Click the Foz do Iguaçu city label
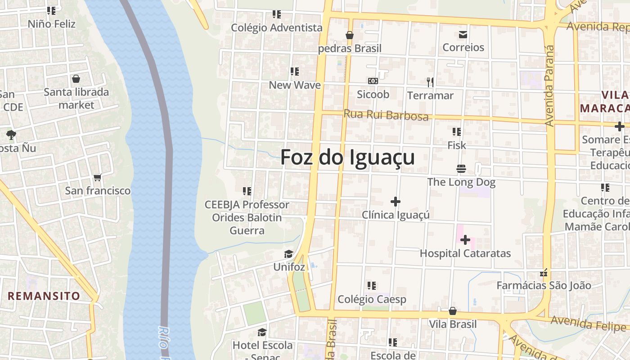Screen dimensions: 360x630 point(347,158)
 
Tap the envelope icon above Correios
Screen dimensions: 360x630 point(463,34)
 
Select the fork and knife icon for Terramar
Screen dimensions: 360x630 point(430,82)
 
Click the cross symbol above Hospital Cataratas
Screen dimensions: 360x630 point(465,240)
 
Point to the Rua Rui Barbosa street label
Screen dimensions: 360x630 point(386,115)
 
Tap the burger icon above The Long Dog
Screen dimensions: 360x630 point(461,169)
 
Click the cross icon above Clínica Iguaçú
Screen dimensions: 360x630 point(396,202)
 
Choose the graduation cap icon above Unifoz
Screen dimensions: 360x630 point(288,254)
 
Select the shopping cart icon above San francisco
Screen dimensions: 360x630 point(97,178)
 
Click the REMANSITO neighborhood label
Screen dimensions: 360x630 point(44,296)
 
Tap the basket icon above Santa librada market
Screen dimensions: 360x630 point(76,79)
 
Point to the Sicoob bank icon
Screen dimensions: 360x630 point(373,81)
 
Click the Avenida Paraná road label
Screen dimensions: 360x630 point(549,85)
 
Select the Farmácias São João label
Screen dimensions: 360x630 point(544,285)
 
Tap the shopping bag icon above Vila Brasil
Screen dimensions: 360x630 point(453,311)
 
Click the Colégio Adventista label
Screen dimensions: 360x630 point(277,28)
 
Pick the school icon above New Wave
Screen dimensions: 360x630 point(295,72)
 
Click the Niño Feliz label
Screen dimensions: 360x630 point(52,23)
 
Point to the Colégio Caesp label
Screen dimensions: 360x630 point(372,299)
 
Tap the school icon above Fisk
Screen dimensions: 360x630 point(457,132)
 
